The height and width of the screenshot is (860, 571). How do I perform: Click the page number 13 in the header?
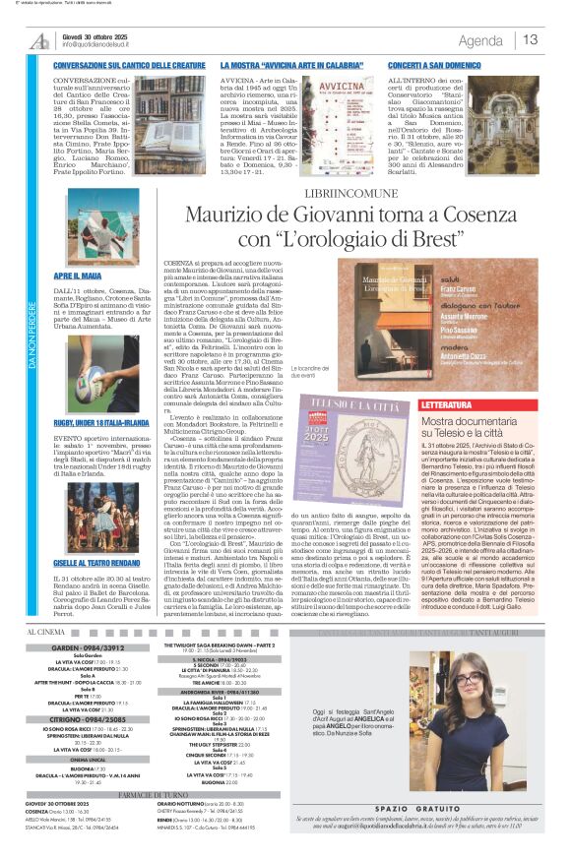coord(530,39)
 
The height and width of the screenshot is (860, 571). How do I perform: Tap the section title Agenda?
coord(480,40)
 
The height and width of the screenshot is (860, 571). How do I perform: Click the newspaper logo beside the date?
coord(40,40)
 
